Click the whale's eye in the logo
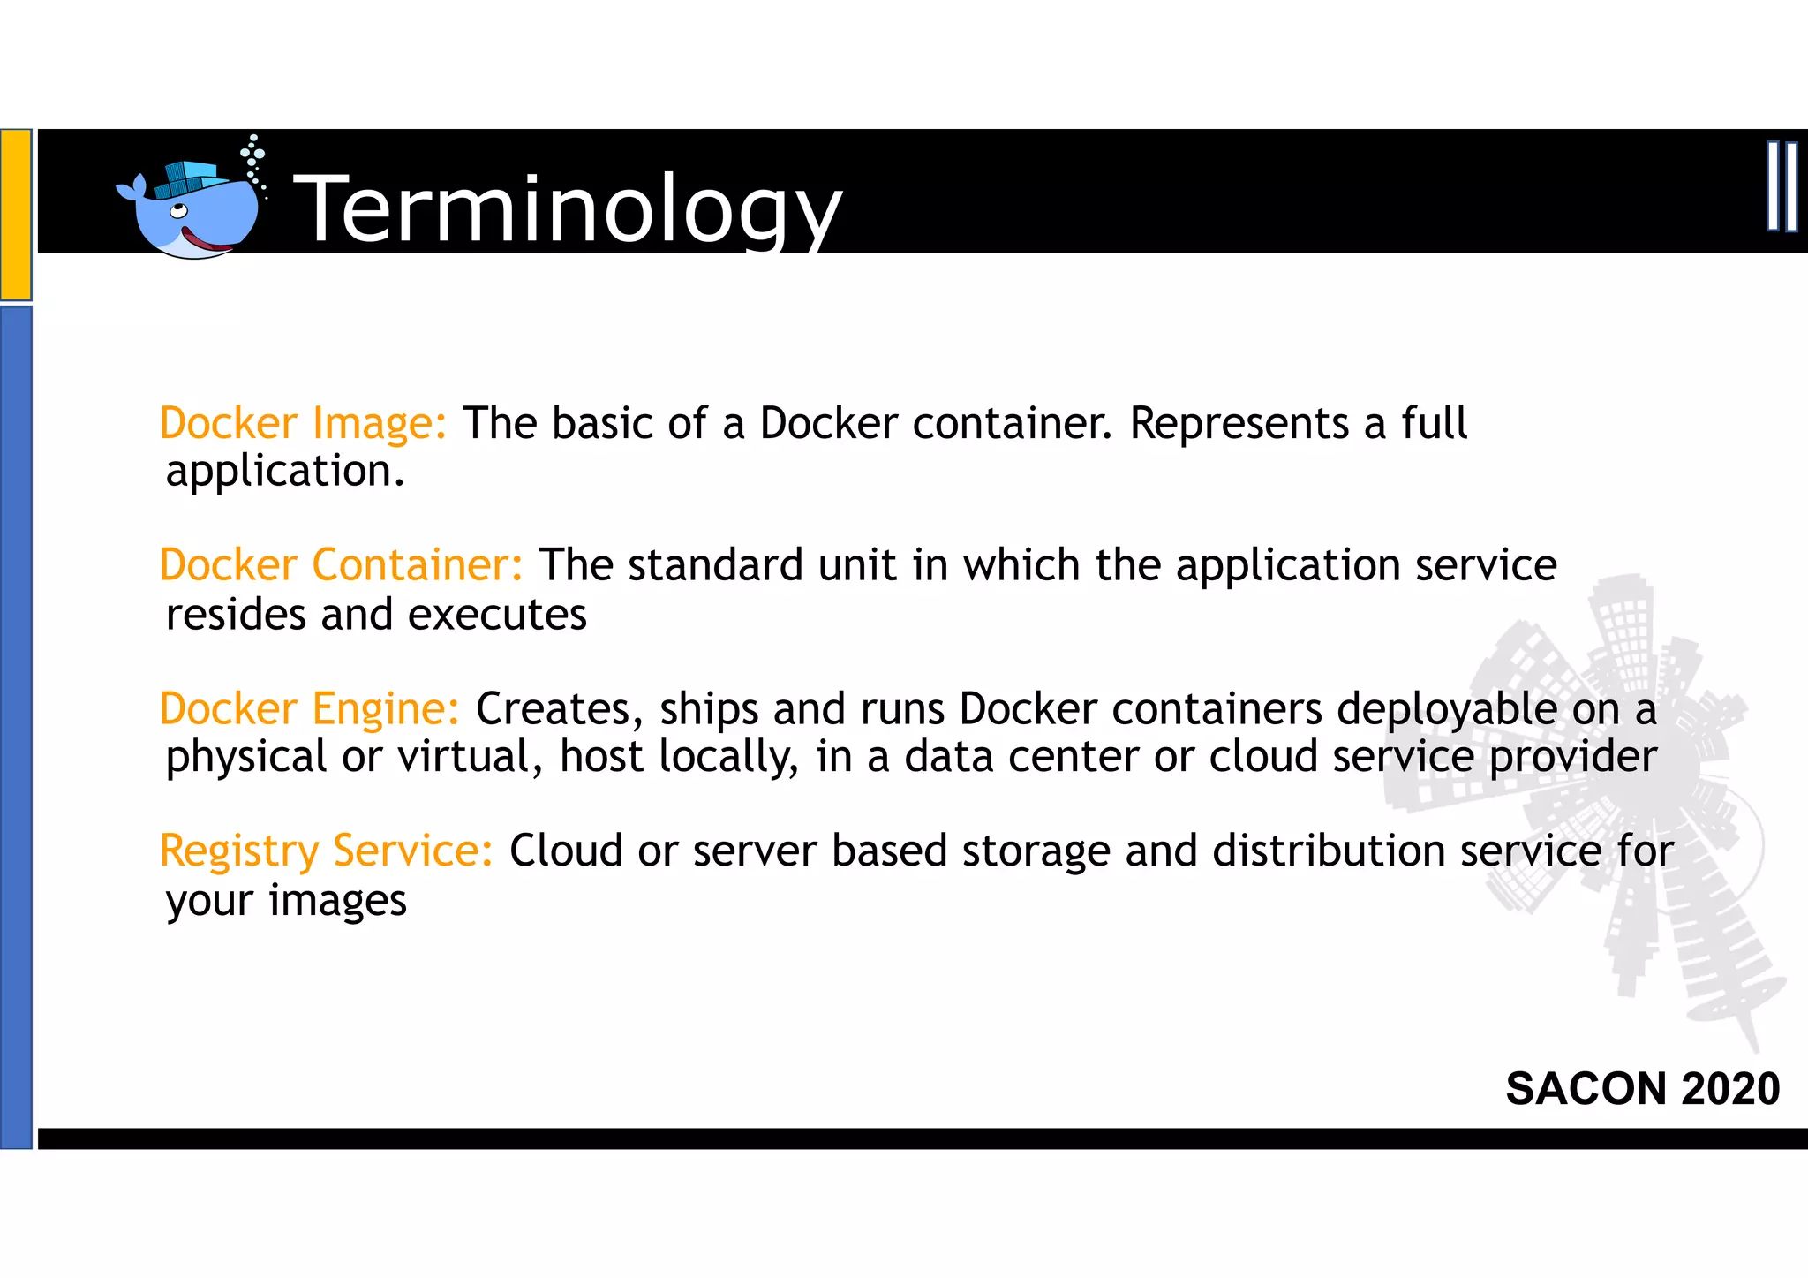click(x=178, y=211)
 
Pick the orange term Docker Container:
click(x=342, y=565)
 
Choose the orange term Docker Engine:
click(x=310, y=708)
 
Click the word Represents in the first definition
click(x=1239, y=423)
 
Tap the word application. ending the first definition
click(x=285, y=472)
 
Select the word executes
click(x=498, y=615)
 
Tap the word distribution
click(x=1327, y=851)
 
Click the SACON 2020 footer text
click(x=1642, y=1088)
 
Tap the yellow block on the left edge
click(x=16, y=214)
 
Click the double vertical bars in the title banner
click(x=1782, y=186)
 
